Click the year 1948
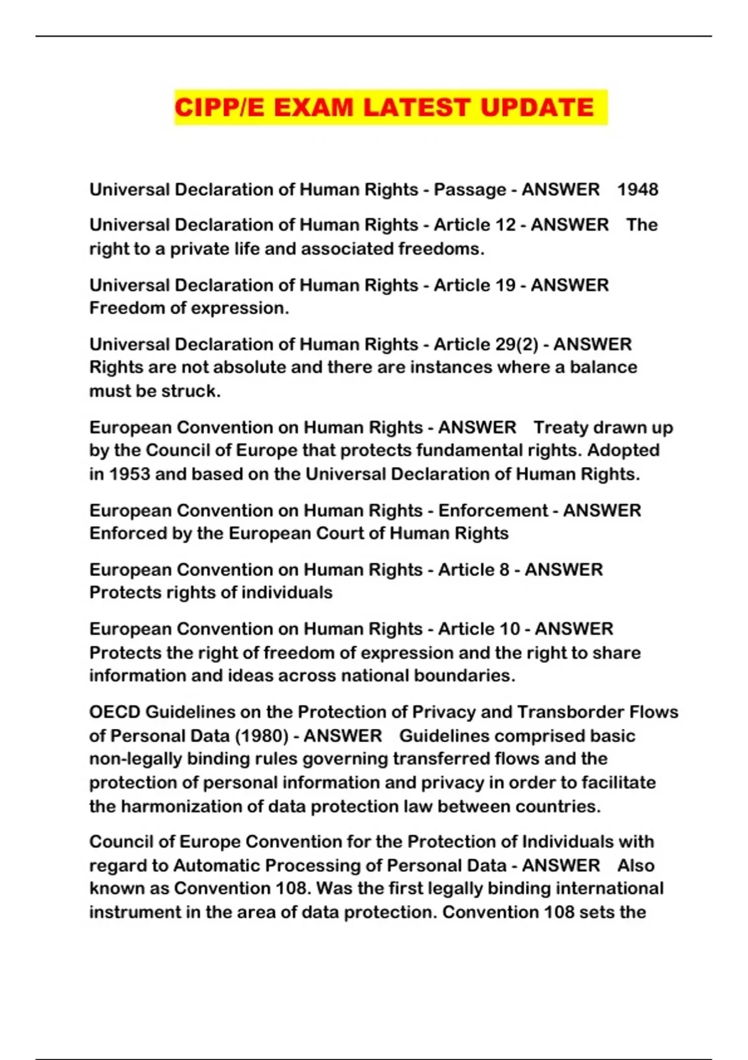638,190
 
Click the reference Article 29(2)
486,344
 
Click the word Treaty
561,427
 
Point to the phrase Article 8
473,569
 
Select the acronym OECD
115,712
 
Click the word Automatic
216,865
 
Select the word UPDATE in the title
537,107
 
